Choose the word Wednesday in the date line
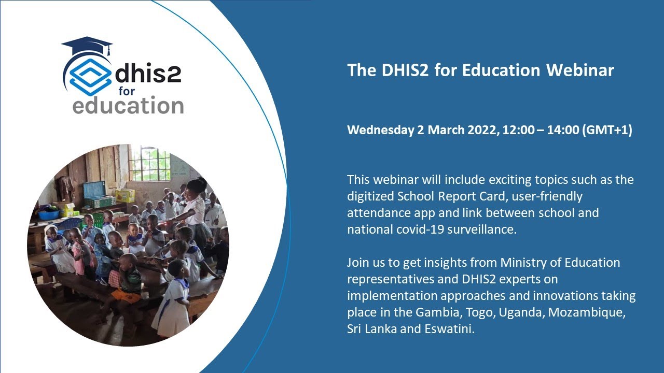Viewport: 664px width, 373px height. [x=380, y=130]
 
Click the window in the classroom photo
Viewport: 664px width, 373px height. [x=149, y=163]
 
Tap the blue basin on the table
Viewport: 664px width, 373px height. [x=49, y=214]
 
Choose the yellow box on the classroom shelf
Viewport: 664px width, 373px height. [x=125, y=195]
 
